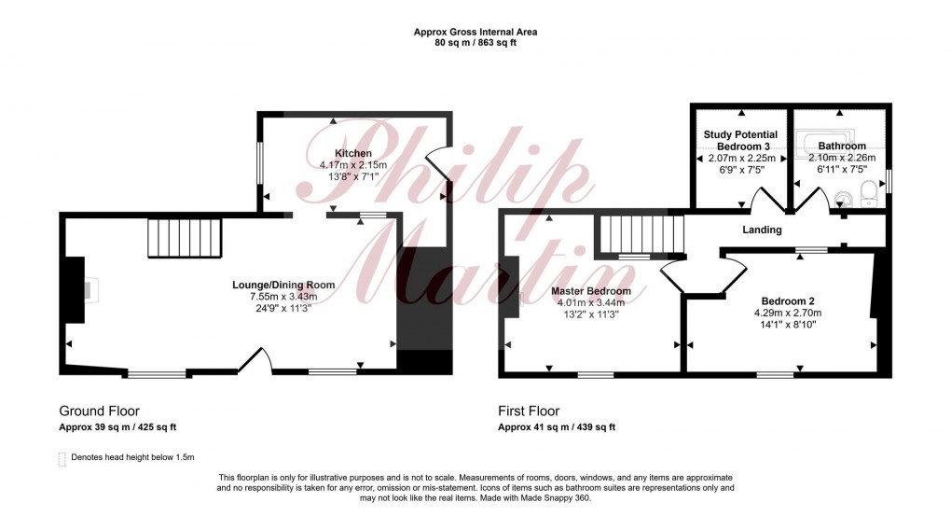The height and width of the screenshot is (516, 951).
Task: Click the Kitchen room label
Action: [353, 153]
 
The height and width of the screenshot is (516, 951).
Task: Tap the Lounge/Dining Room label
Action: [283, 285]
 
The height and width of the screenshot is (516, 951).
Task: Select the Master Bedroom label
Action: [591, 291]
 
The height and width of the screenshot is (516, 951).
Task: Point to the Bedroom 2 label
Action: [788, 300]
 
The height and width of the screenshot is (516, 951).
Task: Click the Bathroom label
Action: [842, 146]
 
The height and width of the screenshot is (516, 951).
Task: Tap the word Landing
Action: [762, 230]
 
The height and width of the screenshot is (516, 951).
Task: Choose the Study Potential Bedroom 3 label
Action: [740, 141]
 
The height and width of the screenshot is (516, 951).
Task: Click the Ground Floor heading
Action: [99, 411]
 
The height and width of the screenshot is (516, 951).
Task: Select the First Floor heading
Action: [530, 411]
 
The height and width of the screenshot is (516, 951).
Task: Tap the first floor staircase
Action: [641, 234]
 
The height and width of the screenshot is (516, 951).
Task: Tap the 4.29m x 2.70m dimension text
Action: [788, 314]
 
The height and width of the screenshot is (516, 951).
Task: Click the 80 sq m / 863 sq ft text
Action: [475, 43]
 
